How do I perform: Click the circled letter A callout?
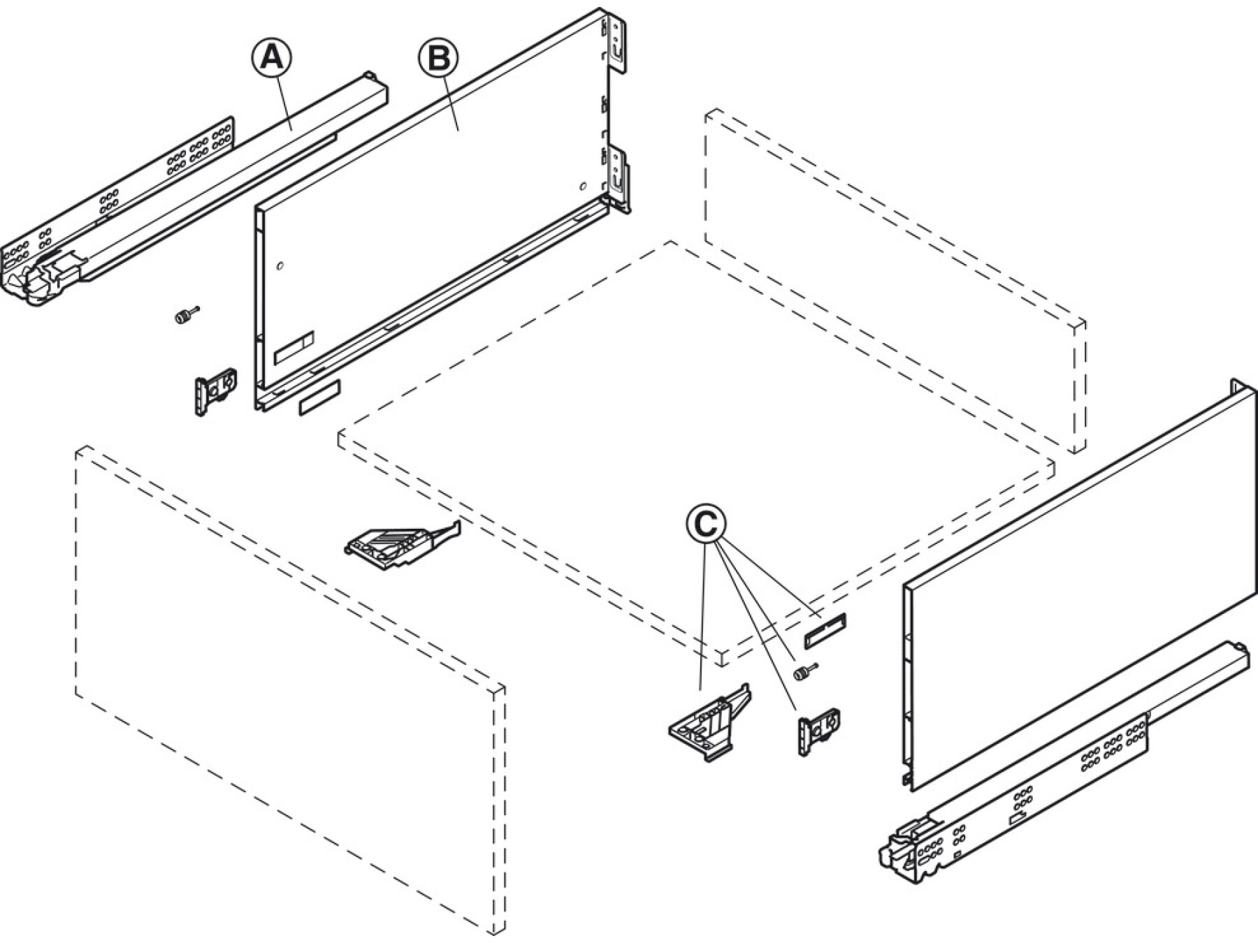[272, 57]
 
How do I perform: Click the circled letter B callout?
[438, 57]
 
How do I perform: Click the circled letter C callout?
[706, 523]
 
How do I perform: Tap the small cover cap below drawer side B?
[319, 397]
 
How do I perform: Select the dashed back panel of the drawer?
[895, 279]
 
